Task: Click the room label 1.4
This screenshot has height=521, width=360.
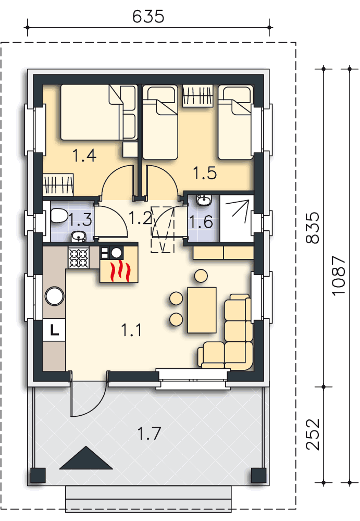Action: click(x=84, y=155)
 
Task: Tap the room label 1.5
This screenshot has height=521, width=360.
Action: click(x=205, y=172)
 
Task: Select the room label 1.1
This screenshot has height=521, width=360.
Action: click(x=132, y=329)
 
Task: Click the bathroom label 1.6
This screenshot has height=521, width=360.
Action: click(x=201, y=222)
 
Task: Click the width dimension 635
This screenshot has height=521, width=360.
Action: click(x=148, y=17)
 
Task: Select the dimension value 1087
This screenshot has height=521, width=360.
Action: click(x=339, y=276)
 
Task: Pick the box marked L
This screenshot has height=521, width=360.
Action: click(x=54, y=329)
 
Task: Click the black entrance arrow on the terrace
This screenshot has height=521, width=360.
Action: click(x=85, y=460)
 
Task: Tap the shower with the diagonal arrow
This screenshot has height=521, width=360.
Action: click(x=235, y=218)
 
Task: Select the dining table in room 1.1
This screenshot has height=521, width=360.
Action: click(x=202, y=309)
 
